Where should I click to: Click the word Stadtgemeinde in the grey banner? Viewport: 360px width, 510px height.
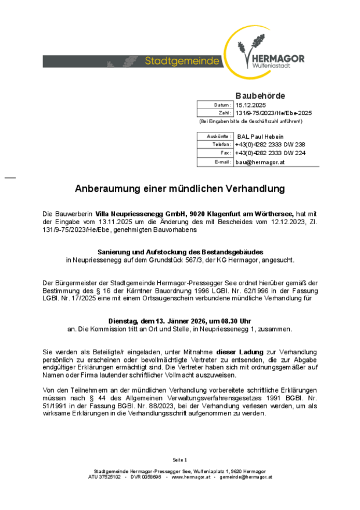pos(182,61)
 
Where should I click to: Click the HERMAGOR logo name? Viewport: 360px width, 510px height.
pos(278,59)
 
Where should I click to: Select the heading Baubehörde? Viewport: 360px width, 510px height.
pos(260,95)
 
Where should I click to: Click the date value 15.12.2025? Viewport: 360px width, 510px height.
pos(250,105)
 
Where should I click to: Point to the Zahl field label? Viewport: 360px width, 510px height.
pos(225,113)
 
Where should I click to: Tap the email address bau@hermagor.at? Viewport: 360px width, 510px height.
pos(260,162)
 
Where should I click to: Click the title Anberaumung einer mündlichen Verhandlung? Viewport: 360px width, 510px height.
pos(180,189)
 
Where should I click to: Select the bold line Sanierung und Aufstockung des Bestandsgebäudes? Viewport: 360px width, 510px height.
pos(180,252)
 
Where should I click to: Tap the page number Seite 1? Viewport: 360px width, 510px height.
pos(180,459)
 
